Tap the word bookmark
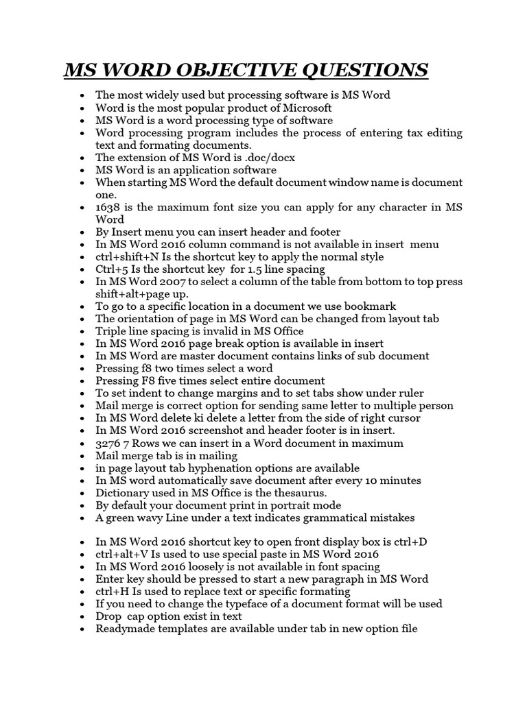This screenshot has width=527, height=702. [371, 306]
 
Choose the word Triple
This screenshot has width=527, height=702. [113, 331]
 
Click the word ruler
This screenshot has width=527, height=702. [409, 393]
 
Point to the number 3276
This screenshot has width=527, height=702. [110, 443]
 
